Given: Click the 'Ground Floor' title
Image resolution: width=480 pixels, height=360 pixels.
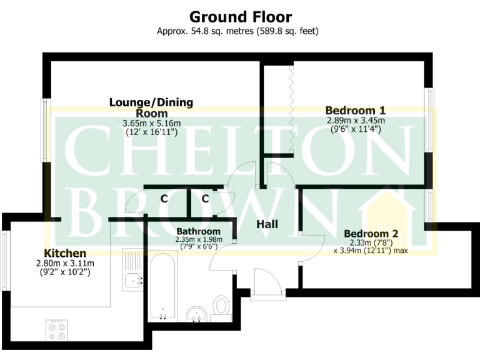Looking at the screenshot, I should pos(240,17).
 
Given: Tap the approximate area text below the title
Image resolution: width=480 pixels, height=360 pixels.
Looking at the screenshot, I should pos(240,31).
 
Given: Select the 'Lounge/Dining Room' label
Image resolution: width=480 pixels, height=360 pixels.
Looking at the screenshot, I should pos(151,107).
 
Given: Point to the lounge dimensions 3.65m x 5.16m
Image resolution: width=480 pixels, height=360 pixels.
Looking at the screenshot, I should pos(151,123).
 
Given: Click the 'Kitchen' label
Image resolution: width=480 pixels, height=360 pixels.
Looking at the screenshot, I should pos(65,253).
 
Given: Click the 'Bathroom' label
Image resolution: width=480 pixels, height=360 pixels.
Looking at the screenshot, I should pos(198,231).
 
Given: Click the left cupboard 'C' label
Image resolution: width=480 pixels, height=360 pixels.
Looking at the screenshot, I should pos(164,199).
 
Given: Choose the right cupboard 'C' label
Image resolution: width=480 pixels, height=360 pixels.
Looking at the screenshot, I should pos(205,199).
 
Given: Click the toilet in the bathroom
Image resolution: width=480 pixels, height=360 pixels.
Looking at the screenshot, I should pos(221,307).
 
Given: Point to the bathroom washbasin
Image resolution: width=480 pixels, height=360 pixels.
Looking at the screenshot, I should pos(198,312).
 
